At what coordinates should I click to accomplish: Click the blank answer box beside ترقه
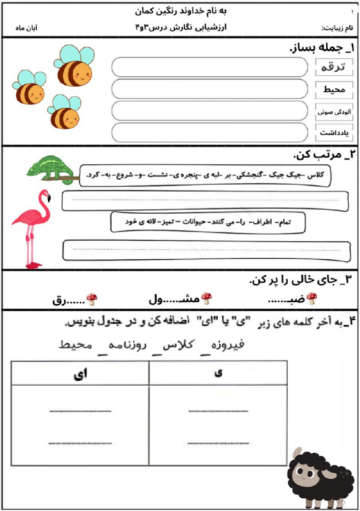(210, 68)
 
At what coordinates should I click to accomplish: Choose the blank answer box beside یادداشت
(210, 133)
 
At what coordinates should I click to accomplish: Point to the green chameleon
(51, 168)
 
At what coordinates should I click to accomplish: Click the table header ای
(79, 372)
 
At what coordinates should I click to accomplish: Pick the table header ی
(218, 372)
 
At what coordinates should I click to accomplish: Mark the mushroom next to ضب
(312, 298)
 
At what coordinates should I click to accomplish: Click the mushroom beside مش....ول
(206, 298)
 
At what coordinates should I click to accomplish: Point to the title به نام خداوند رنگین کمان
(181, 11)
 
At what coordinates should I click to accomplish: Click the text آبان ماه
(26, 29)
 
